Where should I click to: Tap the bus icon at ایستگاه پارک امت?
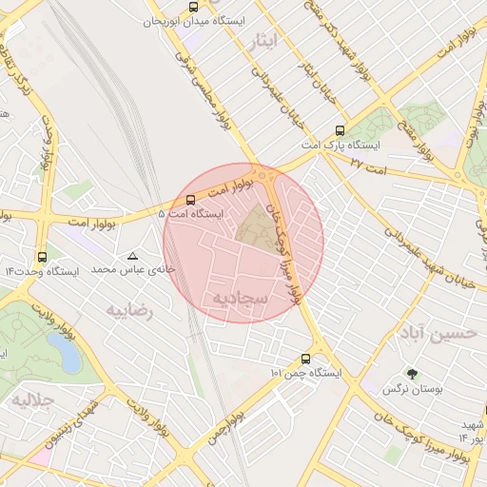(341, 131)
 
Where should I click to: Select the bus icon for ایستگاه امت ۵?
(191, 200)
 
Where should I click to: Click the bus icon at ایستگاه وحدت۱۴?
(41, 257)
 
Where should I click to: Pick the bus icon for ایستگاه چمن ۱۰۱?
(305, 359)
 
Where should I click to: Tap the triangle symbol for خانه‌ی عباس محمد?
(132, 256)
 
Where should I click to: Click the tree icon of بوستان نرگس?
(412, 374)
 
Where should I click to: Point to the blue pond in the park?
(68, 358)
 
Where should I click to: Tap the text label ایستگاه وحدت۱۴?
(41, 271)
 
